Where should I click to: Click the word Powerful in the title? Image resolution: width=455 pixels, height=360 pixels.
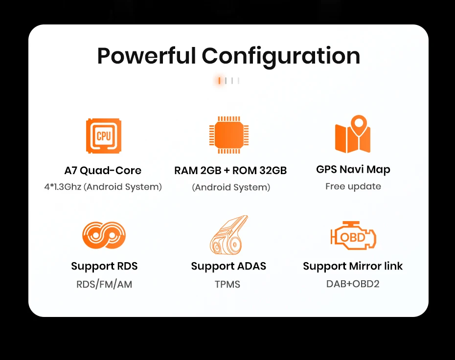[147, 56]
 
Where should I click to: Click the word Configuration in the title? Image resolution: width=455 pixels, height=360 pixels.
[281, 56]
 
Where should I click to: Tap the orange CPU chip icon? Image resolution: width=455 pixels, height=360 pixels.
[103, 136]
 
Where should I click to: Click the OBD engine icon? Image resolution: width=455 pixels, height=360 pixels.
[353, 237]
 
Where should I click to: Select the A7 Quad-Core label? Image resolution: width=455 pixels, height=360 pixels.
[103, 171]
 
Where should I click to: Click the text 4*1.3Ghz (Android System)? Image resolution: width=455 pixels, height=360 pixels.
[103, 186]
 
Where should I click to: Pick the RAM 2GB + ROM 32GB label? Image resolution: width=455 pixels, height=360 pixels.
[230, 171]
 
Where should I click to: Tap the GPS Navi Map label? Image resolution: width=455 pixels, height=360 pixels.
[353, 170]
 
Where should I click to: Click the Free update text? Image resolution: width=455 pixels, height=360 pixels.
[353, 186]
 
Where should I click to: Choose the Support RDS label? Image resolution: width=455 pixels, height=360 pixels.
[104, 266]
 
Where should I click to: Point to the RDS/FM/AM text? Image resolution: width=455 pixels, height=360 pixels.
[104, 284]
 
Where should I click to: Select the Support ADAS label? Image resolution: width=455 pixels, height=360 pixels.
[228, 266]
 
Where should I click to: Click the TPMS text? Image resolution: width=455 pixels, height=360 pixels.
[227, 284]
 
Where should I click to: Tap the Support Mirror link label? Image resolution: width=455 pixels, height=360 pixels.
[353, 266]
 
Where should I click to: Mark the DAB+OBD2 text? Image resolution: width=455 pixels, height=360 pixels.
[353, 284]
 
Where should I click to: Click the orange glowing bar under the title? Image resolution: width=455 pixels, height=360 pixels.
[219, 81]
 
